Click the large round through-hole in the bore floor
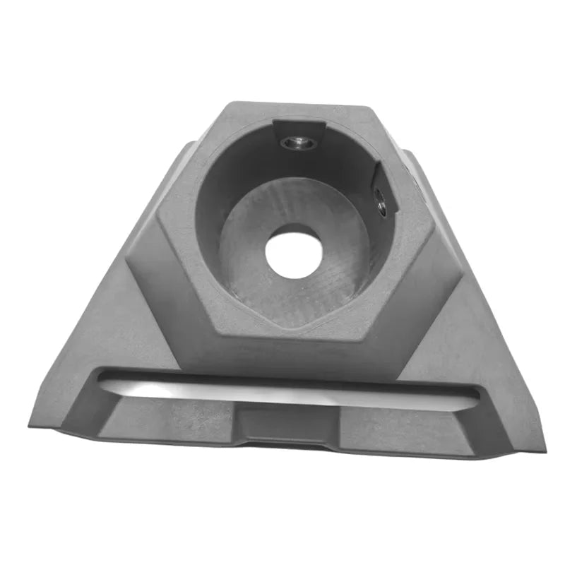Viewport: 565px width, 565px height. (x=293, y=251)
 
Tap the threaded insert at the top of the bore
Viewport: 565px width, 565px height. (x=298, y=143)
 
